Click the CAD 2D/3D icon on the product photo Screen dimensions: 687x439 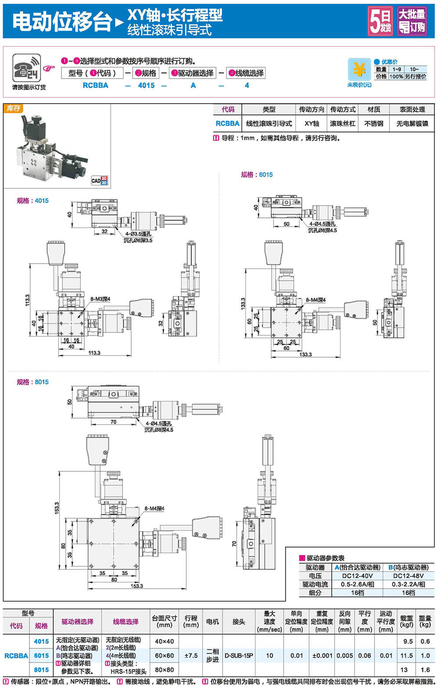(99, 180)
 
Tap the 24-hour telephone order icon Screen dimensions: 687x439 (26, 68)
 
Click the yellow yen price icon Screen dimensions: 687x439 (359, 69)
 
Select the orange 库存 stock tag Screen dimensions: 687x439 (13, 108)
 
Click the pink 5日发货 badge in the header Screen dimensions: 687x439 (380, 21)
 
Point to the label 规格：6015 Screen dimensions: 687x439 (256, 174)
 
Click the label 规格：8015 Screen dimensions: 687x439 (32, 382)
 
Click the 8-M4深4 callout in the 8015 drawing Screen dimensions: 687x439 (154, 508)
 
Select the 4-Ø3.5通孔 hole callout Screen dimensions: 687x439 (138, 234)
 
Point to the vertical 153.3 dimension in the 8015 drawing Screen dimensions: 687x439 (57, 509)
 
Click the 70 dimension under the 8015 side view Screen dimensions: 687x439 (113, 422)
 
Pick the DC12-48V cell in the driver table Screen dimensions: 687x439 (408, 575)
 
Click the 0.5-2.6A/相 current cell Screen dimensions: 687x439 (357, 584)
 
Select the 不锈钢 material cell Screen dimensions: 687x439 (374, 123)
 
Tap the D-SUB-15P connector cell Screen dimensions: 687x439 (239, 655)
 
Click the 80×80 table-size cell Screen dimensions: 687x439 (164, 670)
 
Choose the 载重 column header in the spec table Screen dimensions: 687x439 (407, 621)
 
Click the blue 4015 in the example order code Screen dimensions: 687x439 (146, 85)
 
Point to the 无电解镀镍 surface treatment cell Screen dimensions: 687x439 (412, 123)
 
